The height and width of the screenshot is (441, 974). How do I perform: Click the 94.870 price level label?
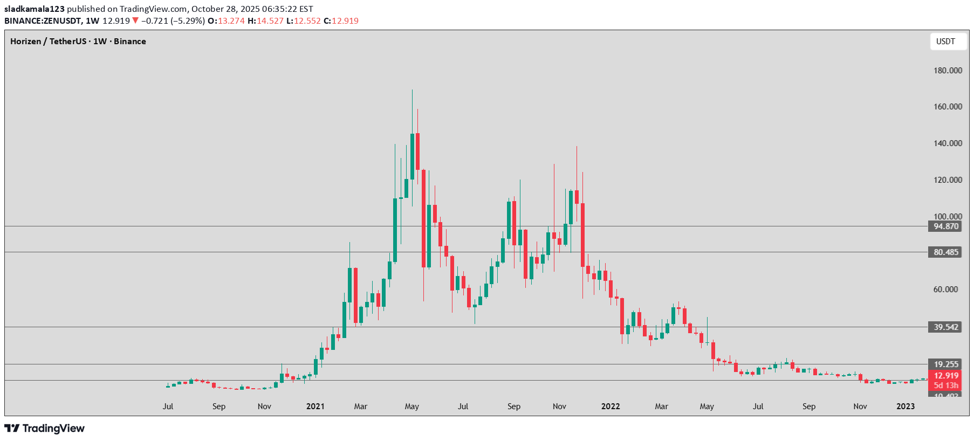[x=946, y=226]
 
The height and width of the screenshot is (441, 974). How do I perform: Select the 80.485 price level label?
[x=946, y=252]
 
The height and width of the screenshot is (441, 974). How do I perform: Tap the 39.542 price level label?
[x=946, y=327]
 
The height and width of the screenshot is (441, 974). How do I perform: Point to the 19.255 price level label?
[x=946, y=364]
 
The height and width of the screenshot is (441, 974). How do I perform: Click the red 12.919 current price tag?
[x=946, y=376]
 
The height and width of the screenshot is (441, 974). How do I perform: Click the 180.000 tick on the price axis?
[x=948, y=71]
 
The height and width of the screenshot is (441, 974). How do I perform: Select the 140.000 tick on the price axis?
[x=948, y=143]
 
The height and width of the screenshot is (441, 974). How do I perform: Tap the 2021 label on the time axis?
[x=315, y=406]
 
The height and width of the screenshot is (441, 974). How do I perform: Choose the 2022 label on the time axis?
[x=611, y=406]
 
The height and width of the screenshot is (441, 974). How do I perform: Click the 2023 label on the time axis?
[x=906, y=406]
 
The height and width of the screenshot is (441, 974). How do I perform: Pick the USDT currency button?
[x=945, y=42]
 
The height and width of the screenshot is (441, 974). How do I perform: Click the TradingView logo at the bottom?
[x=45, y=429]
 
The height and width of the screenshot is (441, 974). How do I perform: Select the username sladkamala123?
[x=35, y=9]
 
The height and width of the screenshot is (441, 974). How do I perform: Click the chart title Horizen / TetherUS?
[x=48, y=42]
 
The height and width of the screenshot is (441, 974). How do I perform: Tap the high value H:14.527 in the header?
[x=265, y=21]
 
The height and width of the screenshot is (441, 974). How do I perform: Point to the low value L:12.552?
[x=303, y=21]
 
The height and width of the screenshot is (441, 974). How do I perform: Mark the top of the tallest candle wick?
[x=412, y=90]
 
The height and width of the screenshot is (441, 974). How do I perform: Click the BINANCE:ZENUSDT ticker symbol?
[x=43, y=21]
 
